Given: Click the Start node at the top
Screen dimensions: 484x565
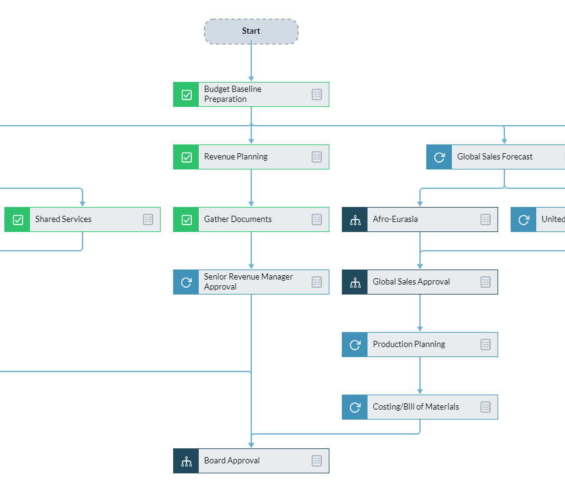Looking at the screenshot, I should [251, 31].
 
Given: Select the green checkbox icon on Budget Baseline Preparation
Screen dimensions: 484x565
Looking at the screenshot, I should [186, 94].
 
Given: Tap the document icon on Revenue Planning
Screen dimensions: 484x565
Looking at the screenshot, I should [317, 157].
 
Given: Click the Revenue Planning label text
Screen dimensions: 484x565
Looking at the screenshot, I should [236, 157].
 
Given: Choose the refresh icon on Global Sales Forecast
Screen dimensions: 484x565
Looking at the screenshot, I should [439, 157].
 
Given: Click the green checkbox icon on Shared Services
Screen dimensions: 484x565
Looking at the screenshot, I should [17, 219].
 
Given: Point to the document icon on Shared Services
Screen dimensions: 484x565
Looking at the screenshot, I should [148, 219].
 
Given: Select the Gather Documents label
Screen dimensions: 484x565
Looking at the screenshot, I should [237, 219].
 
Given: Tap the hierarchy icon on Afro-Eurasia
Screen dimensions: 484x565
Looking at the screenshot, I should [355, 219].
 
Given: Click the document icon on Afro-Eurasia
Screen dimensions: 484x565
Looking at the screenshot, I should [486, 219].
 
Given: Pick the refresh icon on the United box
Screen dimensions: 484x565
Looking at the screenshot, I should [524, 219].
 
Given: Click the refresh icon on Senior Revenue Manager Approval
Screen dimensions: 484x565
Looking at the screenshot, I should [186, 282].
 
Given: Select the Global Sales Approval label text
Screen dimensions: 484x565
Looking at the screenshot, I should [411, 282].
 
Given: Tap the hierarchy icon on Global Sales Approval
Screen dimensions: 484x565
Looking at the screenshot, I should [355, 282].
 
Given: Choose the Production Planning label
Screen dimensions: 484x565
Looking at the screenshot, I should [409, 345].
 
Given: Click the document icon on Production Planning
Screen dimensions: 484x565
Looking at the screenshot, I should [486, 345].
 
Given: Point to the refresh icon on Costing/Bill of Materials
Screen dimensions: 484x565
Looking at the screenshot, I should [355, 407].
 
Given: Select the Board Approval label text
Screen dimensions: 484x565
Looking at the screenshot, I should [232, 461].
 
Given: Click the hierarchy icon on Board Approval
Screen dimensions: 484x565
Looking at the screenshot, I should [186, 461].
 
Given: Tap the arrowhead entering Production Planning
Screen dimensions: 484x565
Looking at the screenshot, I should [420, 328].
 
